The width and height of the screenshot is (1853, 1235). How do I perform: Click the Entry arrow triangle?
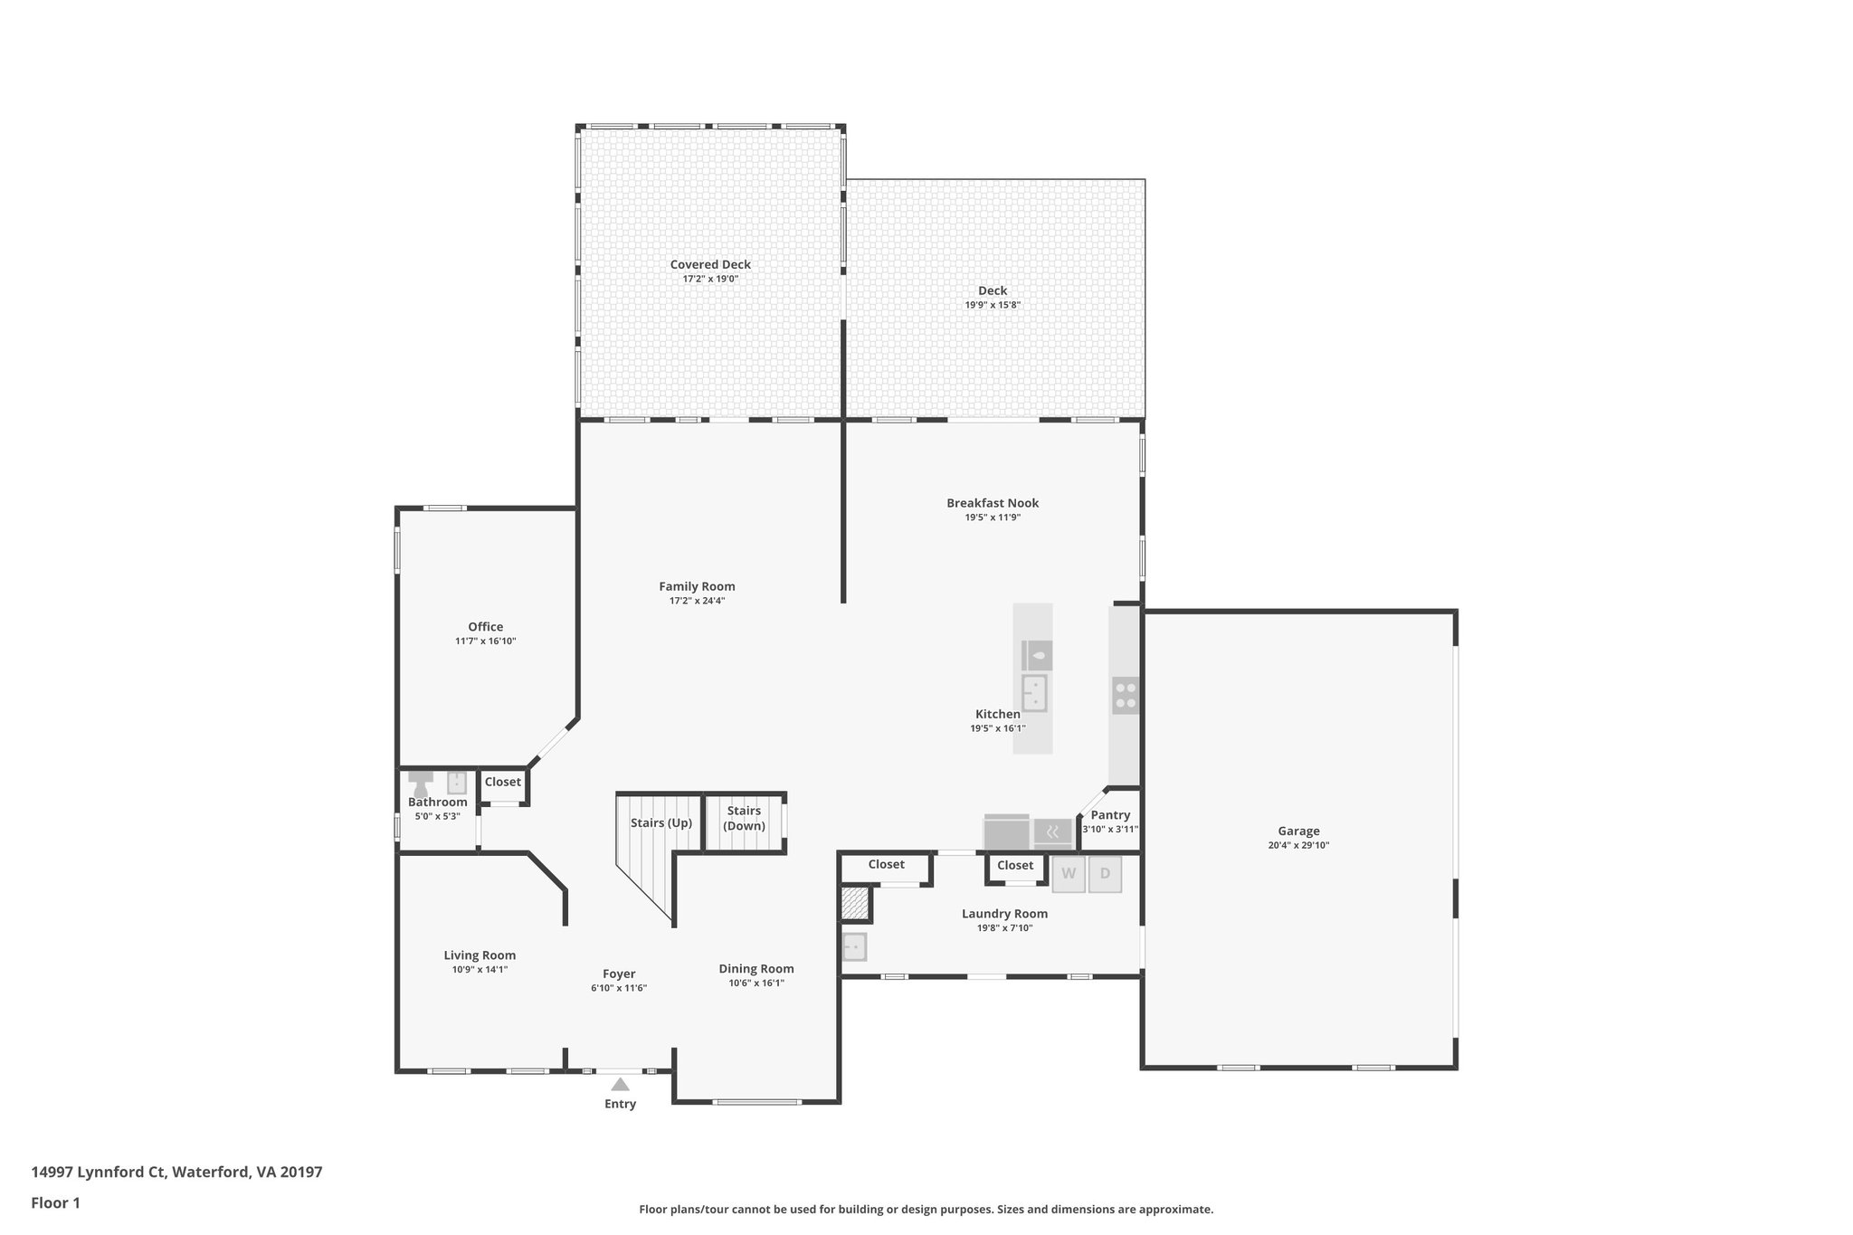tap(620, 1084)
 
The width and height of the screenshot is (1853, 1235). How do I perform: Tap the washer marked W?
tap(1069, 874)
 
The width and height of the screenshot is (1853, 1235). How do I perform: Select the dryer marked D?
tap(1105, 874)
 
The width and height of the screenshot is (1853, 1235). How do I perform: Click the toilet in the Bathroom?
tap(420, 785)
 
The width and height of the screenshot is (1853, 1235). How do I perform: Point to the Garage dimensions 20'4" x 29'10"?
tap(1298, 846)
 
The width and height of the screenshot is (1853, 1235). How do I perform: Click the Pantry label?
tap(1110, 815)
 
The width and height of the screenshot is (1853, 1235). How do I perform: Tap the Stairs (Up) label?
tap(661, 823)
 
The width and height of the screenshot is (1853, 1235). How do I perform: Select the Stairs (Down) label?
tap(744, 818)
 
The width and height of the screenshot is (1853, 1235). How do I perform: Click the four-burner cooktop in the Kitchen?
tap(1126, 695)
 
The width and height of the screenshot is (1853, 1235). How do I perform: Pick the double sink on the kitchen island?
tap(1034, 693)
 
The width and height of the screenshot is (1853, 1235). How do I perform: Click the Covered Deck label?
tap(710, 265)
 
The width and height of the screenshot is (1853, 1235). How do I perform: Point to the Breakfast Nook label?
tap(993, 503)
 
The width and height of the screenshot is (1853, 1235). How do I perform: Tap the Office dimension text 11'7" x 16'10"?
tap(486, 641)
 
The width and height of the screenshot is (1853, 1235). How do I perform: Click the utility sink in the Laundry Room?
tap(854, 946)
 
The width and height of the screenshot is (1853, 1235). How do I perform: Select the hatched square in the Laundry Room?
tap(854, 903)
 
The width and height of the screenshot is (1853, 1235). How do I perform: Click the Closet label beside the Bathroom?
tap(503, 782)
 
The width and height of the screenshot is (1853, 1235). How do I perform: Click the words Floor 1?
tap(55, 1203)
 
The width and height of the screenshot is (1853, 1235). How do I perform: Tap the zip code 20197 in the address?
tap(301, 1173)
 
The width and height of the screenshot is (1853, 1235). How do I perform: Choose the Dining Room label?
tap(756, 969)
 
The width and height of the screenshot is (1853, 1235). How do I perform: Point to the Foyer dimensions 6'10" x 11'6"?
tap(619, 988)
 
